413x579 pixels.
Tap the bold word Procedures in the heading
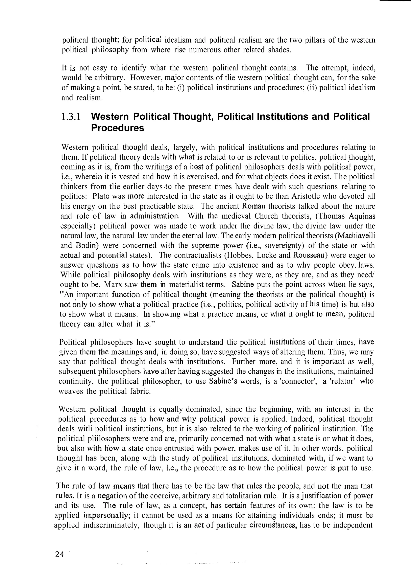click(x=118, y=128)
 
